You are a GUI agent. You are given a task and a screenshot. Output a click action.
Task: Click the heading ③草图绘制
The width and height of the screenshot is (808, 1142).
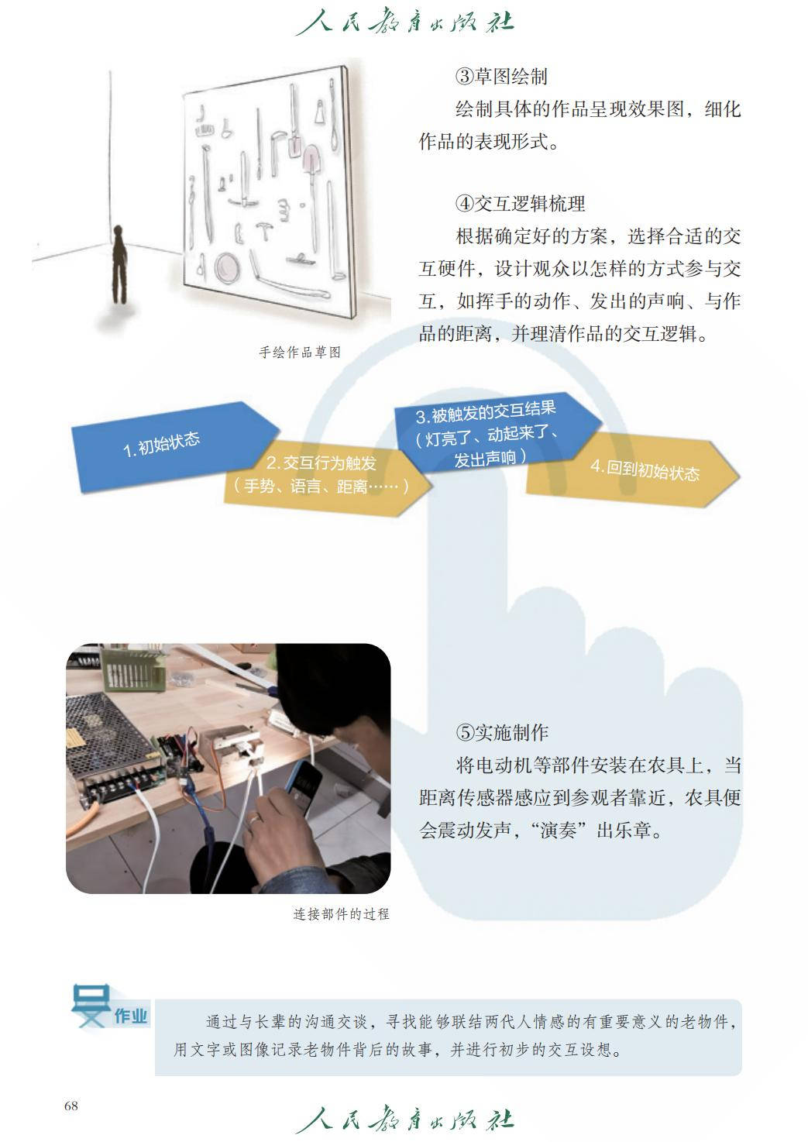pyautogui.click(x=501, y=77)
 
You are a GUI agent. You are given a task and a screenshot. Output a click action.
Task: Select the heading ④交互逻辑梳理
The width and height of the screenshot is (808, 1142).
pyautogui.click(x=520, y=204)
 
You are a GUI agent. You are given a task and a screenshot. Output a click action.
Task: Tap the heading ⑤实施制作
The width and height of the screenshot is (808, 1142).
pyautogui.click(x=502, y=733)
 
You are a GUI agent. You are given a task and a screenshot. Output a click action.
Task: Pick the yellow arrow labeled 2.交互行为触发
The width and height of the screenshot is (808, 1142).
pyautogui.click(x=326, y=476)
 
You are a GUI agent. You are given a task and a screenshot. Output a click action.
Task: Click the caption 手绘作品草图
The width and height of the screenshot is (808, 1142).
pyautogui.click(x=300, y=353)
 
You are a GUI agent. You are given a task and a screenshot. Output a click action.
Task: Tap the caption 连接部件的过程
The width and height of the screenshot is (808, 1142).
pyautogui.click(x=341, y=914)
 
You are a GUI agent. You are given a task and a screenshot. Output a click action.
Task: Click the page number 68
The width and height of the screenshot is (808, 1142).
pyautogui.click(x=70, y=1106)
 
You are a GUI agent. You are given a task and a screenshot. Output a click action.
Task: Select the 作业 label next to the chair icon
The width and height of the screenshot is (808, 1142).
pyautogui.click(x=130, y=1016)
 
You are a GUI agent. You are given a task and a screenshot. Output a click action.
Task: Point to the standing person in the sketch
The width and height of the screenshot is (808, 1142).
pyautogui.click(x=119, y=264)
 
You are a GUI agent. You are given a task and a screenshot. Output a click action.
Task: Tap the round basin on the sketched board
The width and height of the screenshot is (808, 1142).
pyautogui.click(x=226, y=267)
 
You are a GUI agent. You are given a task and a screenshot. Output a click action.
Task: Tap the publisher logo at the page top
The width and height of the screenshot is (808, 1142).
pyautogui.click(x=404, y=22)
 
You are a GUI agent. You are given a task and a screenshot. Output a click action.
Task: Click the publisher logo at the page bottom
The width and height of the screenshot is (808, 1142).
pyautogui.click(x=404, y=1120)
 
